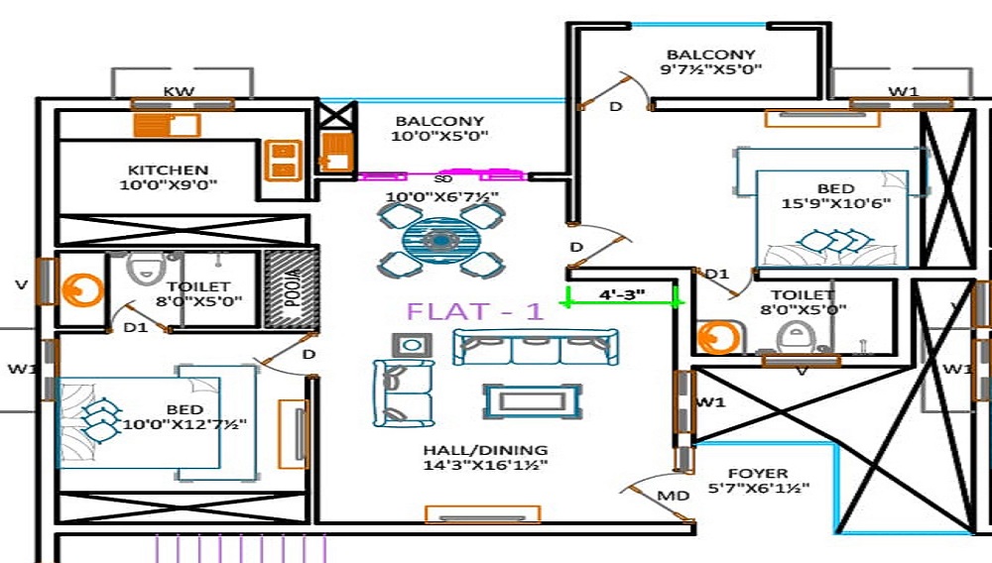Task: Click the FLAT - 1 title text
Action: tap(474, 311)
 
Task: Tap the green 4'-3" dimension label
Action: tap(621, 293)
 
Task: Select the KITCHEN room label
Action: tap(168, 169)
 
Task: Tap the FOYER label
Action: tap(758, 473)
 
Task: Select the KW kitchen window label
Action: tap(179, 92)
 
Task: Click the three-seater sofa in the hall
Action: tap(536, 348)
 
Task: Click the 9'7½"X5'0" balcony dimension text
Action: tap(710, 70)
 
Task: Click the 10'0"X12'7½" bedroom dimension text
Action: tap(184, 424)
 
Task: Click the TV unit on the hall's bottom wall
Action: tap(482, 514)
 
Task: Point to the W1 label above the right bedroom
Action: tap(902, 91)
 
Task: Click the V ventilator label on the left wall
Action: tap(22, 284)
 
